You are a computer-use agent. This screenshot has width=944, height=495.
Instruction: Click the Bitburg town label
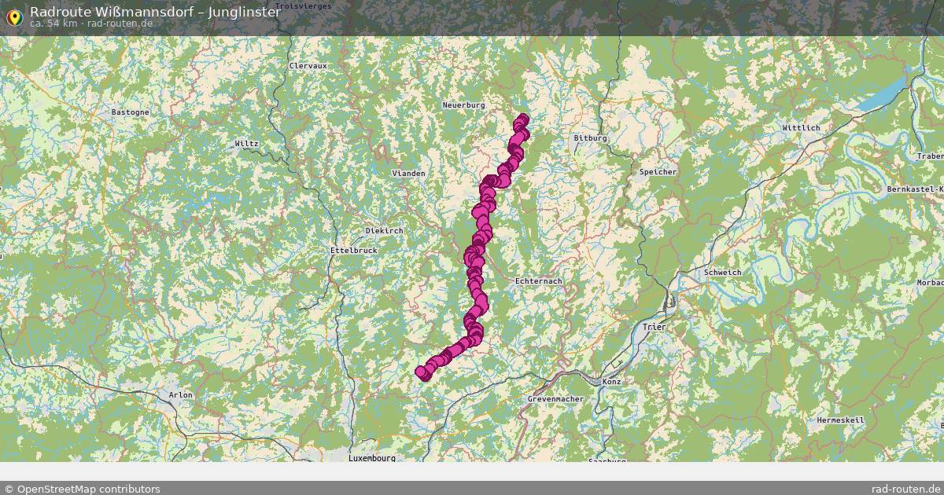point(590,138)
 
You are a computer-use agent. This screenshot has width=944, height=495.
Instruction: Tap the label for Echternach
point(538,281)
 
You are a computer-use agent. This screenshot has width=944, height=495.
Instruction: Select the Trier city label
point(654,326)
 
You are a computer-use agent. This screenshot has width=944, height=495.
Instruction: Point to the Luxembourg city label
point(372,457)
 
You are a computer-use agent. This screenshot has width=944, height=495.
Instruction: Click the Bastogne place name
point(130,112)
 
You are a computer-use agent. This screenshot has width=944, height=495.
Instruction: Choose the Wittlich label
point(801,127)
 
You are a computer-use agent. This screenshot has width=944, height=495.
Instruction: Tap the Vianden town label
point(408,173)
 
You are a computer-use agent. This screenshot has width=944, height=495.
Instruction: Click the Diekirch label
point(384,231)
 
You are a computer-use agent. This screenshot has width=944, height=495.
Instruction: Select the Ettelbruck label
point(353,250)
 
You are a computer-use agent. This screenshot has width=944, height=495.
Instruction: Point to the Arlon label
point(180,395)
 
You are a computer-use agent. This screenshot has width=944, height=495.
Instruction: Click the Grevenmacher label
point(555,399)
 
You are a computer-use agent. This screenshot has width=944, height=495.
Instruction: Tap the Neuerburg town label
point(463,104)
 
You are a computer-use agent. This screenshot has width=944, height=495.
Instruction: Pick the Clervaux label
point(308,66)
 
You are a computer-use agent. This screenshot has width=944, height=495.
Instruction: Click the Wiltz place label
point(246,144)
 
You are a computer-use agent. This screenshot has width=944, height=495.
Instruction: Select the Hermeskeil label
point(841,420)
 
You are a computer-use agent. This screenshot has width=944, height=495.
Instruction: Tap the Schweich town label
point(723,273)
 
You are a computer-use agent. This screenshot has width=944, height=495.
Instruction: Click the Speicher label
point(658,172)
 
